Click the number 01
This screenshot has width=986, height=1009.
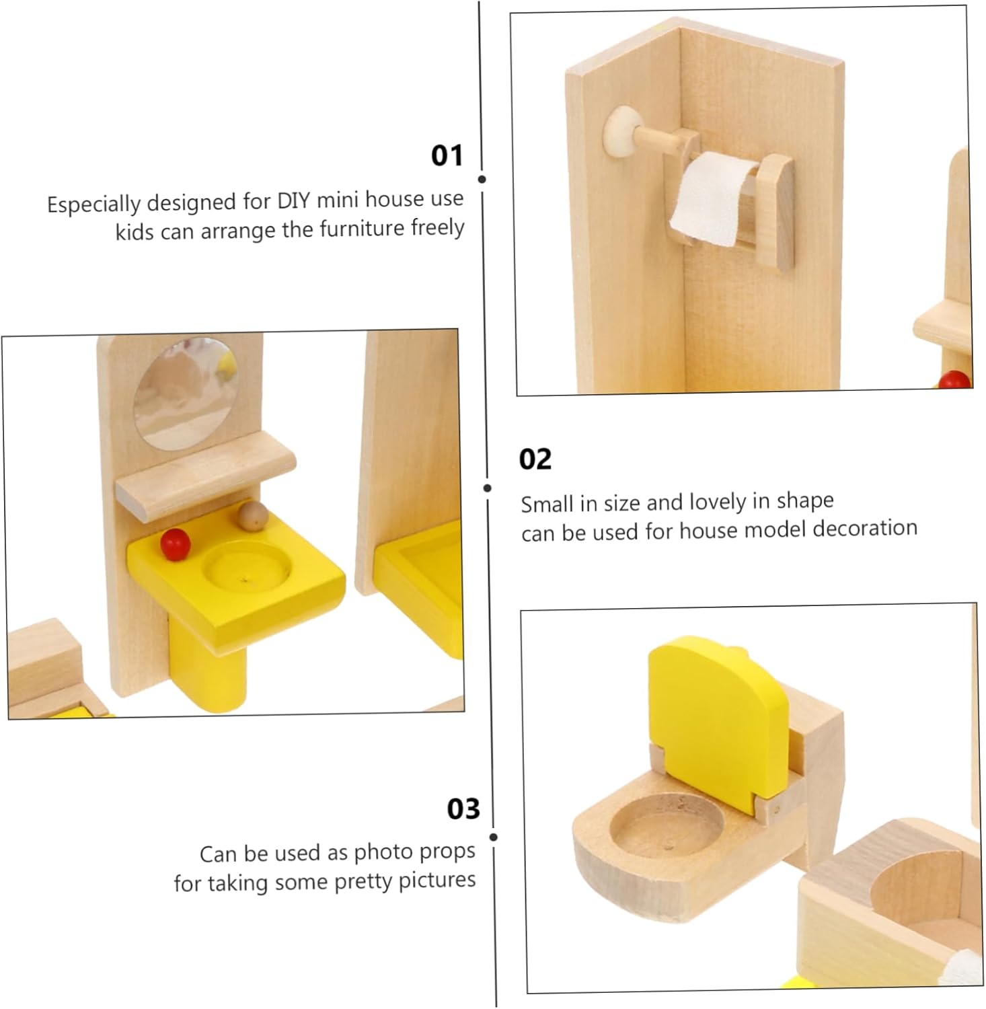[x=447, y=155]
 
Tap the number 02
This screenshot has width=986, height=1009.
[x=535, y=459]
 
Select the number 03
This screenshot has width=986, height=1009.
[x=463, y=809]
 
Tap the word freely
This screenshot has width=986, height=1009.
[x=437, y=227]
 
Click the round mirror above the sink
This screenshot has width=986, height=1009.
[x=186, y=394]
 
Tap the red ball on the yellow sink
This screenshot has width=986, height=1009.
[x=176, y=544]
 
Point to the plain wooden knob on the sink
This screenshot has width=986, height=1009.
[x=254, y=516]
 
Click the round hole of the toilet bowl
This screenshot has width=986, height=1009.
[x=667, y=827]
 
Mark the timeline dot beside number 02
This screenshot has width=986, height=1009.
[x=488, y=488]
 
